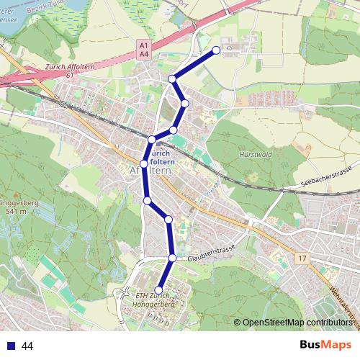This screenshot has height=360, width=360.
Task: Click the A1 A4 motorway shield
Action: (143, 49)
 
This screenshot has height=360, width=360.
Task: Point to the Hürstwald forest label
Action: (253, 155)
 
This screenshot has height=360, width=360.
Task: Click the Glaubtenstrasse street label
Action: (212, 254)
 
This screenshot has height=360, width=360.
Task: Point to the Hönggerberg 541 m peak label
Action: (14, 208)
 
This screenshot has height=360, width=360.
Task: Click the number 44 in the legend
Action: (27, 346)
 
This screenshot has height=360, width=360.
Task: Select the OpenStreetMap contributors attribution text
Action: (297, 323)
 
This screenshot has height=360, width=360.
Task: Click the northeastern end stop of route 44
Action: (217, 50)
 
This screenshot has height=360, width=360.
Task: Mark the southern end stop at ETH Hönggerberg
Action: (159, 291)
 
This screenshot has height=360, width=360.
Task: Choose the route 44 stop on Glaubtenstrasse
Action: (173, 257)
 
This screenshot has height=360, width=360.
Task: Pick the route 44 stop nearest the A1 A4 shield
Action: (172, 78)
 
